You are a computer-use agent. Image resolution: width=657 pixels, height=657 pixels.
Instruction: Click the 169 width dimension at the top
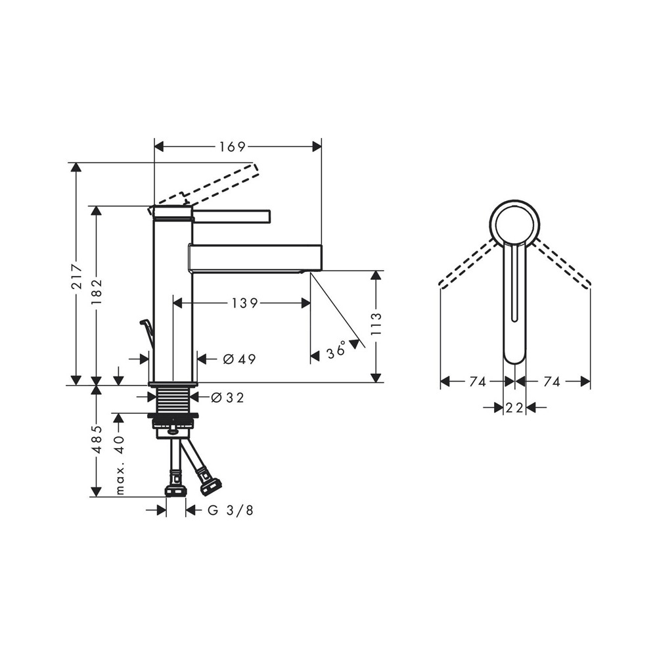point(232,147)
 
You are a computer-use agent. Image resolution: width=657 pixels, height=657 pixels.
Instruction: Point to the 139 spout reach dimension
point(245,302)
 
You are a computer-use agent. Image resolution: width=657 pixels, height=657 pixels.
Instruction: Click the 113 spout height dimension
point(376,323)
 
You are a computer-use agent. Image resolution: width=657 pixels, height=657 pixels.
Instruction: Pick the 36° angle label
point(336,350)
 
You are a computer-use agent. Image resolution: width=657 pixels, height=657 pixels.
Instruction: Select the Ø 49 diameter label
point(239,359)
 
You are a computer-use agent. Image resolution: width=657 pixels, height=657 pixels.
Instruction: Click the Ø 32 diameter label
point(227,397)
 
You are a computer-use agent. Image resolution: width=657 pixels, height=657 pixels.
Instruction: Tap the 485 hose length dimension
point(97,440)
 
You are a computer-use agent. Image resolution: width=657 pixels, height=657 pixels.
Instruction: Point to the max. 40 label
point(120,464)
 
